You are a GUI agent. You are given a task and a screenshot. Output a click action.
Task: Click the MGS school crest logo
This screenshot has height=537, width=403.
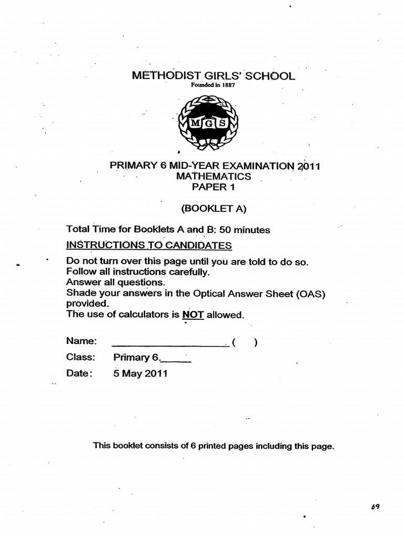[208, 122]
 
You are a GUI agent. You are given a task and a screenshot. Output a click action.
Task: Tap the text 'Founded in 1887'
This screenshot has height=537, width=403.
[208, 85]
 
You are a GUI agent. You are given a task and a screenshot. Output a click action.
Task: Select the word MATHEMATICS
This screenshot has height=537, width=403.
[214, 177]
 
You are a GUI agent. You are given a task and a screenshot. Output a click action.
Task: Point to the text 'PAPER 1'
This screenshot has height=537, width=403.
[214, 187]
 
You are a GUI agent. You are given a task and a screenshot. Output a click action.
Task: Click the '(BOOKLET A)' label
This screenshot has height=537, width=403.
[214, 208]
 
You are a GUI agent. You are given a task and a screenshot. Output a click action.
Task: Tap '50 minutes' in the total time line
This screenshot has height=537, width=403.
[245, 230]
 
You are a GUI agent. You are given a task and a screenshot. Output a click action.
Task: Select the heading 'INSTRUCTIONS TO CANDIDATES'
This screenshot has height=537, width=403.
[149, 245]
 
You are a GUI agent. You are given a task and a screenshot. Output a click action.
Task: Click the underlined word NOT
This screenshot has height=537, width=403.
[193, 315]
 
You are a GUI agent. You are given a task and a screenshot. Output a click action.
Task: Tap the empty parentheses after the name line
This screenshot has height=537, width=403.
[245, 343]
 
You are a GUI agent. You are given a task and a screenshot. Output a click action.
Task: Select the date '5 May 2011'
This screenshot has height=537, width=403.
[140, 374]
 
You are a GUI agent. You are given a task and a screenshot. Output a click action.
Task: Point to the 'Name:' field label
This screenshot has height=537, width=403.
[82, 341]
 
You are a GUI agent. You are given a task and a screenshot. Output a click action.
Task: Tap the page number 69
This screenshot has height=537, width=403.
[374, 507]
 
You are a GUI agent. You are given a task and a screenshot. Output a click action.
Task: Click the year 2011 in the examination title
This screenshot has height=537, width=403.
[309, 166]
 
